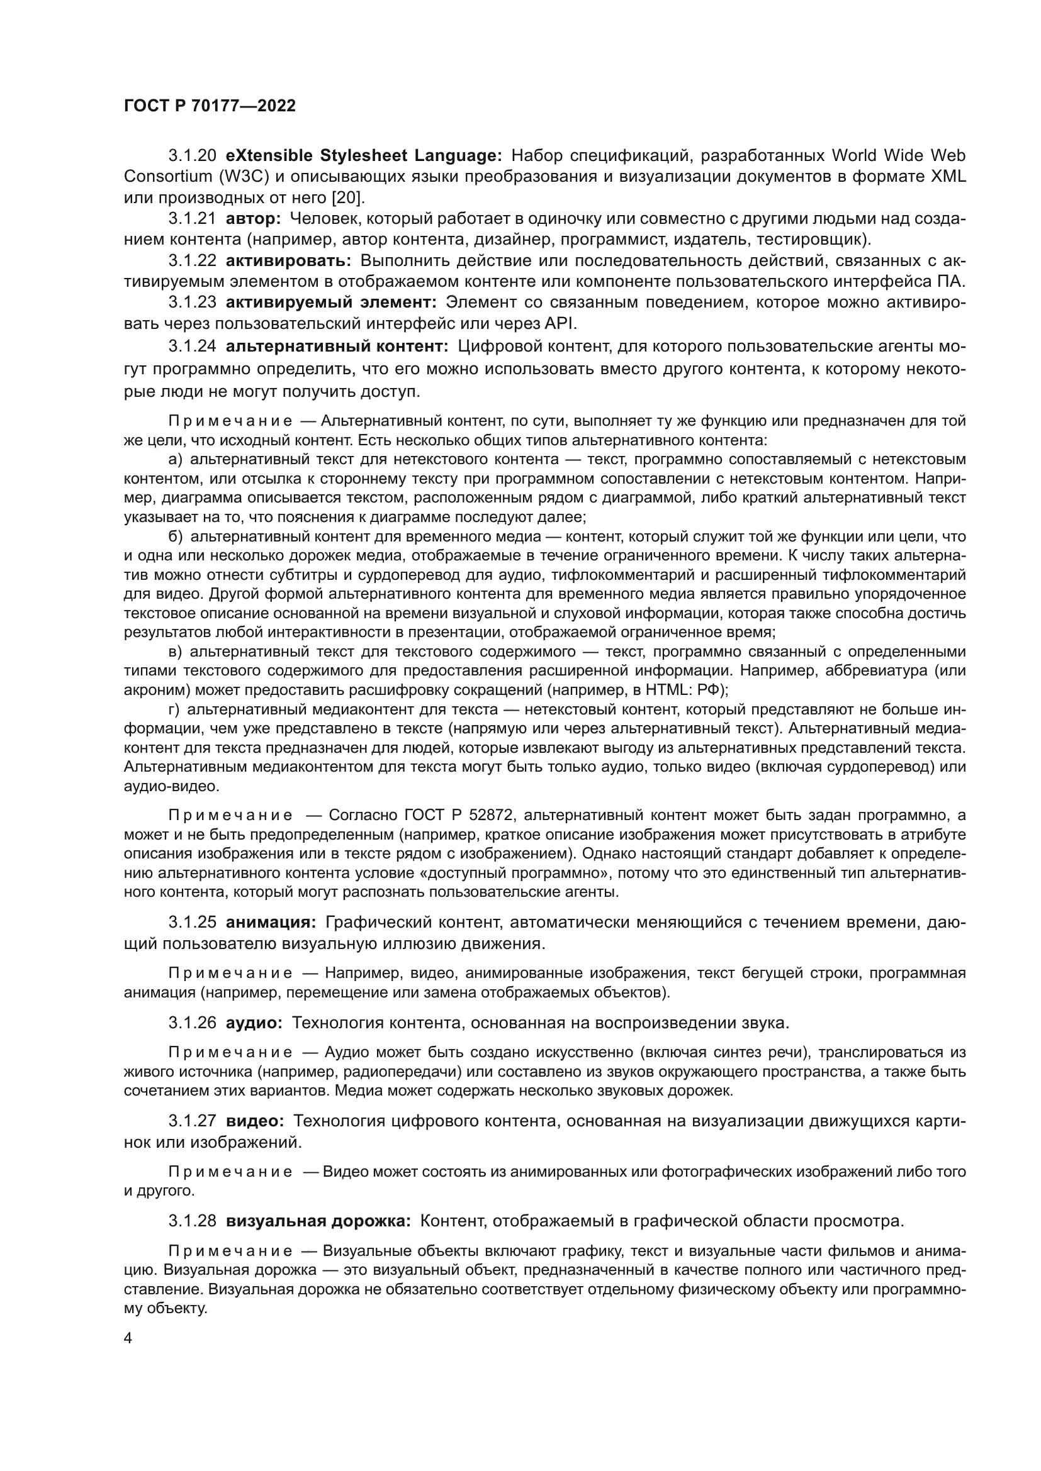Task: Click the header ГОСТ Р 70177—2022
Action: coord(210,106)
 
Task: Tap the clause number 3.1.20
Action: coord(193,156)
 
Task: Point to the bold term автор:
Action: coord(253,218)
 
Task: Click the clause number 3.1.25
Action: coord(193,923)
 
